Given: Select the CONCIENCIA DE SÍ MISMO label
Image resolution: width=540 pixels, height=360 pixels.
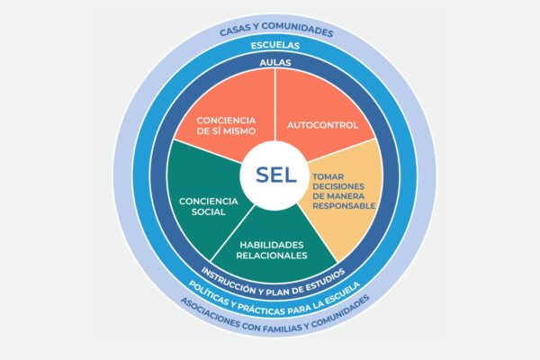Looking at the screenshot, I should point(225,125).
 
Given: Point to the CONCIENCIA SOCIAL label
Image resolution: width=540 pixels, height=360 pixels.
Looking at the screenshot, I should point(208,206).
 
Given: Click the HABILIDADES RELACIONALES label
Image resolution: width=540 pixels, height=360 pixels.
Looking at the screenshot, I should point(272,249).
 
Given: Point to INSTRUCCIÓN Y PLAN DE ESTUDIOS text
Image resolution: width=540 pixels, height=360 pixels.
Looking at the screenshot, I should point(272,275).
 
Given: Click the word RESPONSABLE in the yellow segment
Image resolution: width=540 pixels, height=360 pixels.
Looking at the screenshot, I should point(343,205).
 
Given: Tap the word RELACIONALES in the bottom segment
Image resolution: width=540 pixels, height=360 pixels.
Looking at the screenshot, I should point(272,256).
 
